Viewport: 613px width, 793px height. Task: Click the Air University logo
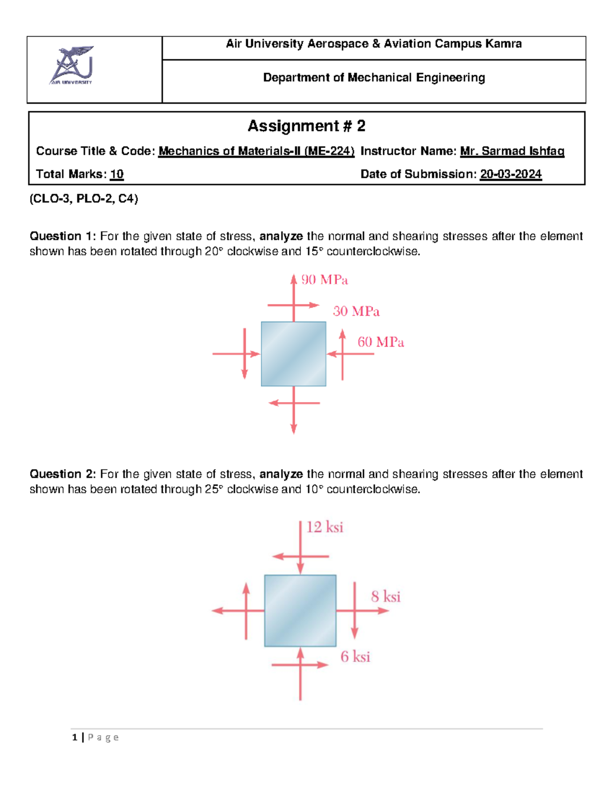[72, 65]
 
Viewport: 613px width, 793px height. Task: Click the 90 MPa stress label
[324, 280]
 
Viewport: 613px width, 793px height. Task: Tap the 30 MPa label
[356, 311]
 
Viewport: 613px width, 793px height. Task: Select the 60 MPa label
[381, 342]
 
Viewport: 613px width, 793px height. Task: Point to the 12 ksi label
[324, 527]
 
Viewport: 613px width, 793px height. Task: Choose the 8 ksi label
[386, 596]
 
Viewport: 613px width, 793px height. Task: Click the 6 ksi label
[355, 657]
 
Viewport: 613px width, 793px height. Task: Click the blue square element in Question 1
[293, 354]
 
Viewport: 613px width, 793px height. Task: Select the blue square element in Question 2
[300, 611]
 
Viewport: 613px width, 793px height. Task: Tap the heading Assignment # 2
[306, 126]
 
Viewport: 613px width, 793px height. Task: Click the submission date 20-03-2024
[510, 174]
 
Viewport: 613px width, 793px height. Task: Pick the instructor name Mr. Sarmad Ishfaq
[512, 151]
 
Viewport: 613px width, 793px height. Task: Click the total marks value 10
[117, 174]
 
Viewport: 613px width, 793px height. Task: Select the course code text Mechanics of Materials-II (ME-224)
[256, 151]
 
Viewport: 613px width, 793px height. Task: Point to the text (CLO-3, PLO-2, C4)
[84, 199]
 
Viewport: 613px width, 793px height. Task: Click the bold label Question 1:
[63, 236]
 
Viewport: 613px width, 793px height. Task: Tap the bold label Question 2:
[63, 474]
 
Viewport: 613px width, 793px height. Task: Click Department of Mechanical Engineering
[374, 78]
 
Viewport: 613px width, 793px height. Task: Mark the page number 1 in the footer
[75, 737]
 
